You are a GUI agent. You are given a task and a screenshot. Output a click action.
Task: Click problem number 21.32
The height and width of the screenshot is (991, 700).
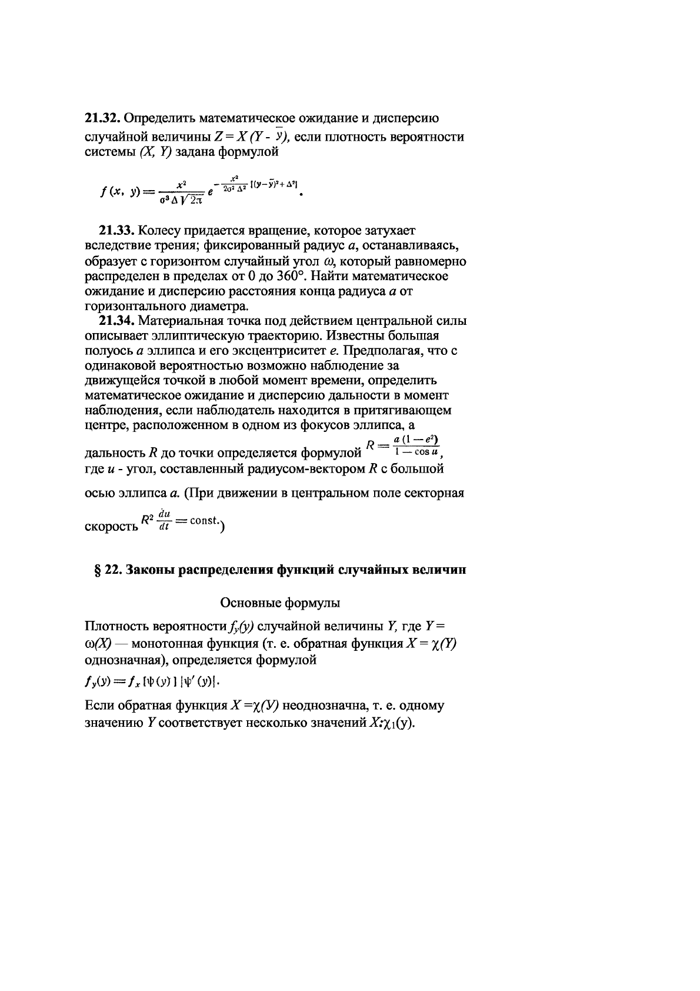[x=104, y=118]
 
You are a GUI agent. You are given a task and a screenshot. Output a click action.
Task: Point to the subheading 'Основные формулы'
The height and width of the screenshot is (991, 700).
[x=280, y=603]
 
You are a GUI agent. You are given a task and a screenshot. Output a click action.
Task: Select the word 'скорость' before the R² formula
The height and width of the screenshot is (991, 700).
[x=112, y=526]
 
